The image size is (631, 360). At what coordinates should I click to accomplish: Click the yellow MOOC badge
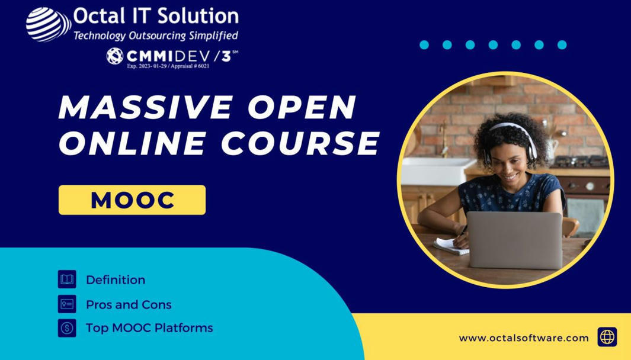click(132, 200)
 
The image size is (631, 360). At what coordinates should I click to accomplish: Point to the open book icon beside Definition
click(67, 279)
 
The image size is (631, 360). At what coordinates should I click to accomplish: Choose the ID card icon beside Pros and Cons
click(67, 304)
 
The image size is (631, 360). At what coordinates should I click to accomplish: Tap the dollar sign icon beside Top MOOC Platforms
click(67, 327)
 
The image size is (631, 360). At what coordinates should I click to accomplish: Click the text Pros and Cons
click(129, 304)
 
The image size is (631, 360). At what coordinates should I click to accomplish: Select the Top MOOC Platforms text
click(149, 327)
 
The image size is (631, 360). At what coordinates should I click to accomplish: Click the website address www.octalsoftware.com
click(524, 338)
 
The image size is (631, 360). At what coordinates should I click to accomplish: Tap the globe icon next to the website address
click(607, 337)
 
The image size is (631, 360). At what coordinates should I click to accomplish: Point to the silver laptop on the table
click(514, 240)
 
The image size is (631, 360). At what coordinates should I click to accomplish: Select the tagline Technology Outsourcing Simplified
click(156, 36)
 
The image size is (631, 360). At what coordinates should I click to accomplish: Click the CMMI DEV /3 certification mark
click(172, 56)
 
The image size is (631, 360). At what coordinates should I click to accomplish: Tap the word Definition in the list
click(116, 279)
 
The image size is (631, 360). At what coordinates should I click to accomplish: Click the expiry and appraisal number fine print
click(168, 66)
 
